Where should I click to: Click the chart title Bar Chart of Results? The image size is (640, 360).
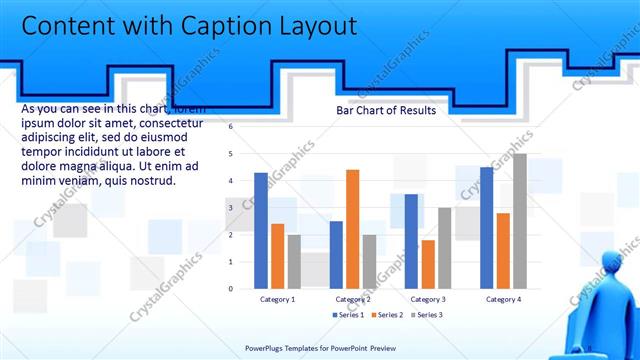tap(385, 110)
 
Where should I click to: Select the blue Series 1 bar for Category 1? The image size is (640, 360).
tap(261, 231)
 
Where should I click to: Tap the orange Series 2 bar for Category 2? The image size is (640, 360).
tap(352, 229)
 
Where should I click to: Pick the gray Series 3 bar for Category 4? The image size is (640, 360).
tap(519, 221)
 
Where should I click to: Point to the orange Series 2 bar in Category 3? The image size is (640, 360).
tap(428, 264)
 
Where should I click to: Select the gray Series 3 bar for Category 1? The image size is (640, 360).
tap(294, 262)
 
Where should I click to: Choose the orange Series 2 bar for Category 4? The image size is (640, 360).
tap(502, 251)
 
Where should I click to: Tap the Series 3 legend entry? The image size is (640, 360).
tap(426, 315)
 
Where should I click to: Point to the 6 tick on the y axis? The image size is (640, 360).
tap(230, 127)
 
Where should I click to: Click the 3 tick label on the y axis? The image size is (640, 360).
tap(230, 208)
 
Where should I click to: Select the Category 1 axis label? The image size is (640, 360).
tap(277, 299)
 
